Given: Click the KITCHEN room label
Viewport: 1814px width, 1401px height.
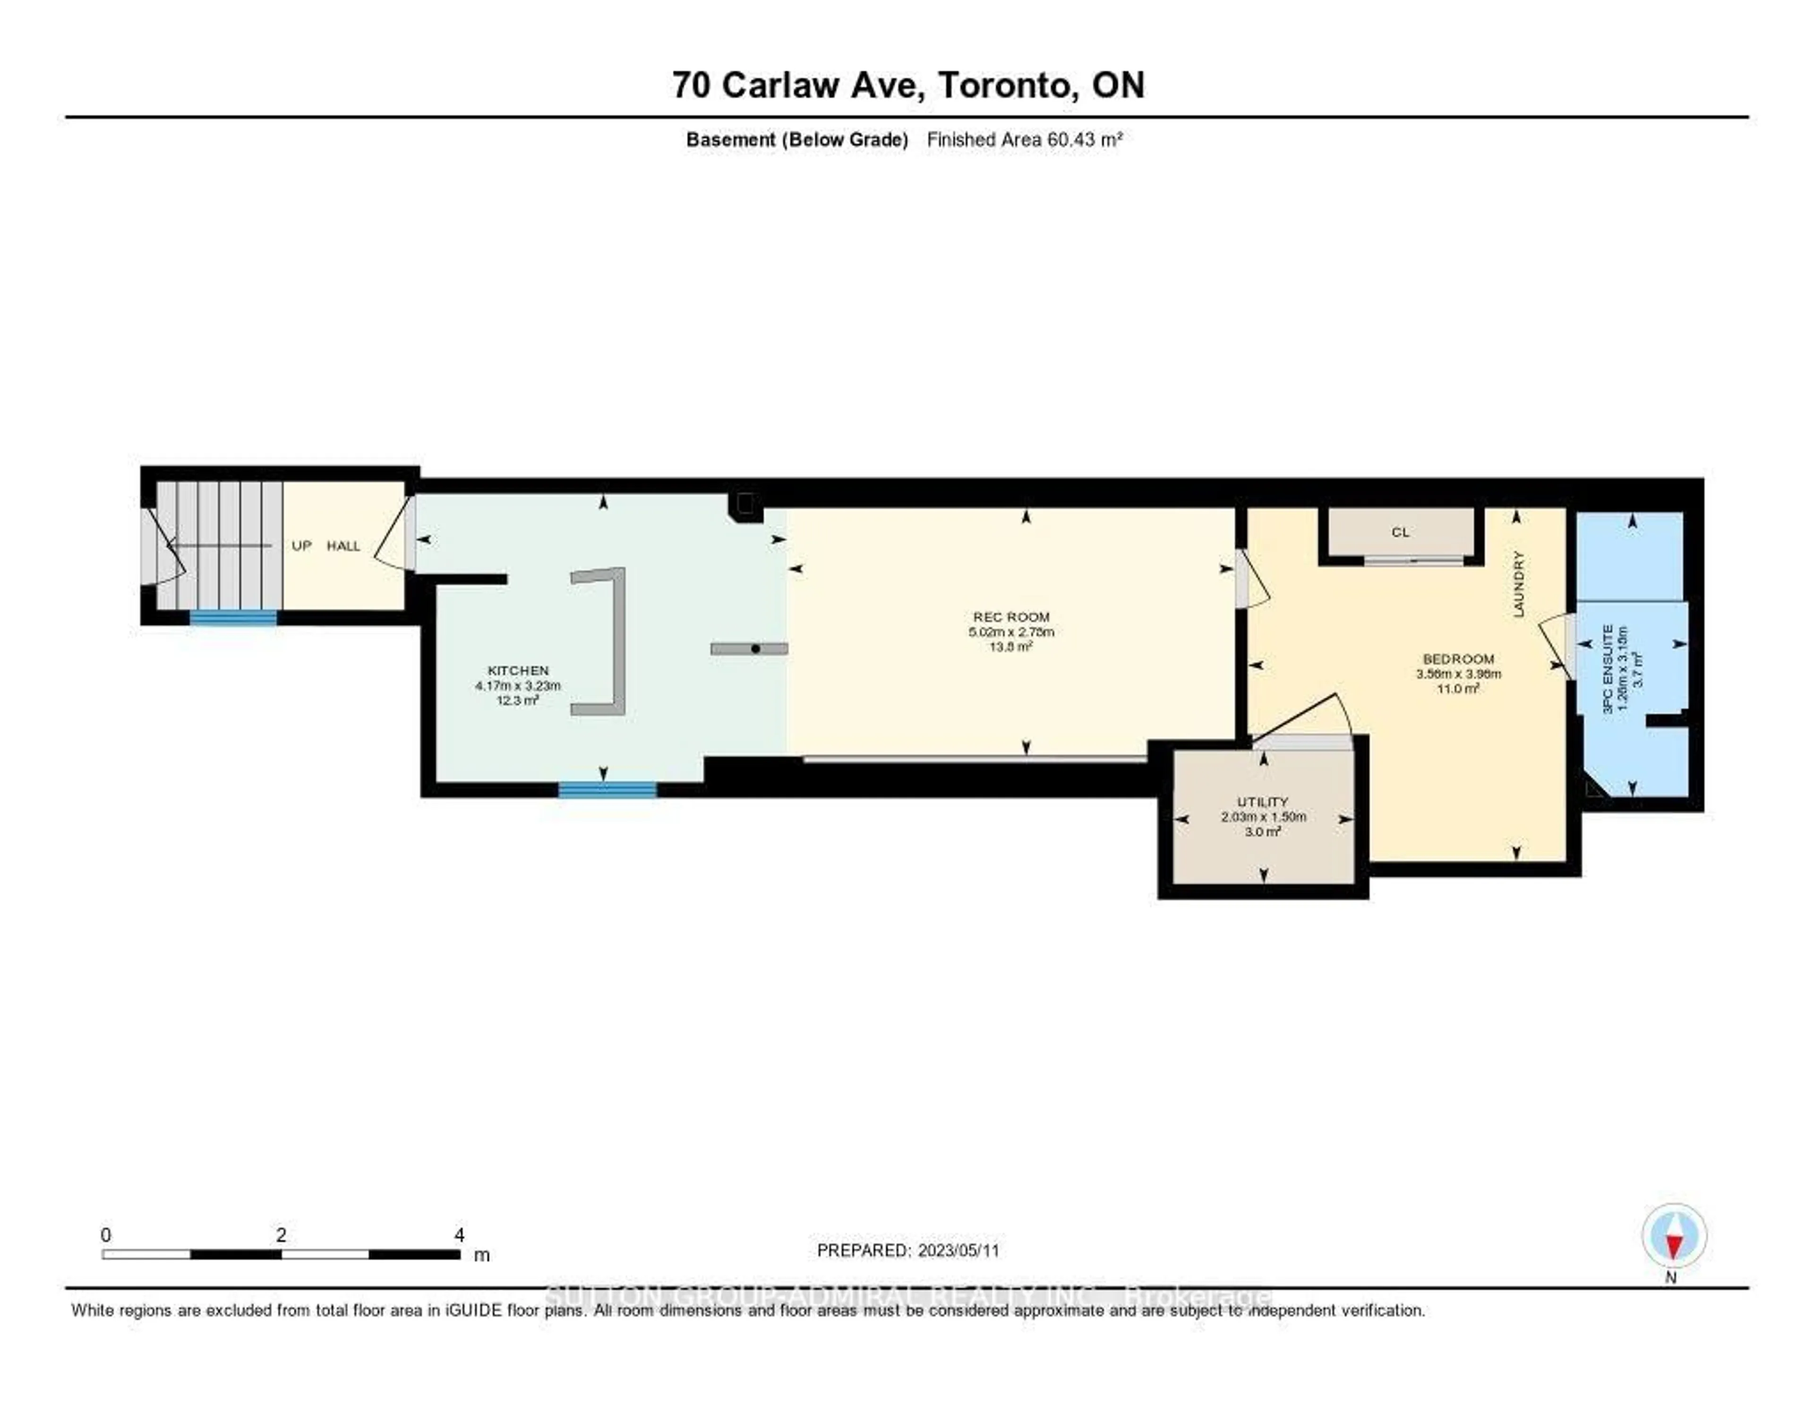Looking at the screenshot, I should pyautogui.click(x=517, y=670).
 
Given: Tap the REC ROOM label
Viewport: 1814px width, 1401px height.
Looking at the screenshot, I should pyautogui.click(x=1011, y=617).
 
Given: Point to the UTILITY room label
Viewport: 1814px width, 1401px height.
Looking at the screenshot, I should pyautogui.click(x=1263, y=802).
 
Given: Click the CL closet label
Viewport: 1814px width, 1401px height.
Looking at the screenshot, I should pyautogui.click(x=1400, y=532).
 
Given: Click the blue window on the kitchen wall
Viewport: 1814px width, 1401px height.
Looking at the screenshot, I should pyautogui.click(x=607, y=790).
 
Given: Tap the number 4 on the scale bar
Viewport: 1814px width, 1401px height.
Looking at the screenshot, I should pyautogui.click(x=459, y=1235).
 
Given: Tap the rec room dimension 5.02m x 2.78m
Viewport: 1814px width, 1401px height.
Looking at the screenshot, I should pyautogui.click(x=1011, y=632).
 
